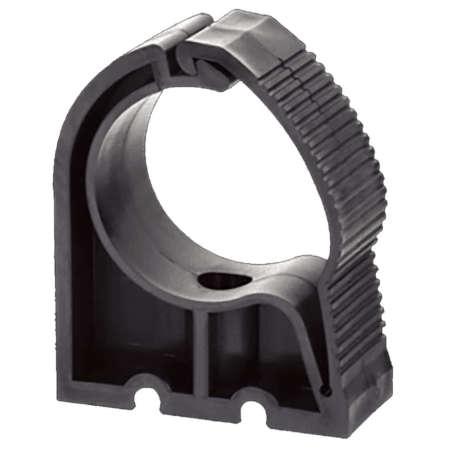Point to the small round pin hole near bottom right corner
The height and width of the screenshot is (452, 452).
(x=327, y=389)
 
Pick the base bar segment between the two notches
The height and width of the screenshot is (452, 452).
(x=198, y=402)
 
